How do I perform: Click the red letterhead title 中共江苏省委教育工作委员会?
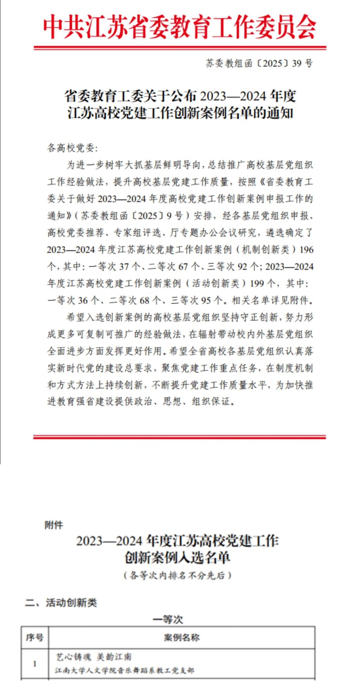[x=180, y=27]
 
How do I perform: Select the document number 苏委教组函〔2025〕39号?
[x=259, y=63]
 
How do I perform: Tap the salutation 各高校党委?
[x=72, y=148]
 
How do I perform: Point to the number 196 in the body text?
[x=306, y=250]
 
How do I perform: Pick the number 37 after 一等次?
[x=124, y=266]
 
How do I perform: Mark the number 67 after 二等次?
[x=183, y=266]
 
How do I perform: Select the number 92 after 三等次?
[x=242, y=266]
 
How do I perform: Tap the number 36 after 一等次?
[x=83, y=301]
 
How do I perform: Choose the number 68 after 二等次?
[x=144, y=301]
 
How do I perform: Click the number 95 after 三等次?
[x=206, y=301]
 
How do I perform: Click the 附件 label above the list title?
[x=54, y=525]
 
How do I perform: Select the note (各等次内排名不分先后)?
[x=178, y=575]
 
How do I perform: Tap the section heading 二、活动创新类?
[x=61, y=602]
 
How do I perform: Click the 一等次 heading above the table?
[x=168, y=619]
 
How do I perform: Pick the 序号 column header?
[x=34, y=637]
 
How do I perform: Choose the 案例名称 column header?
[x=181, y=637]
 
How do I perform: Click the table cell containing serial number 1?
[x=34, y=664]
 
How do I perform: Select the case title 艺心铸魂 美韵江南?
[x=94, y=657]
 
